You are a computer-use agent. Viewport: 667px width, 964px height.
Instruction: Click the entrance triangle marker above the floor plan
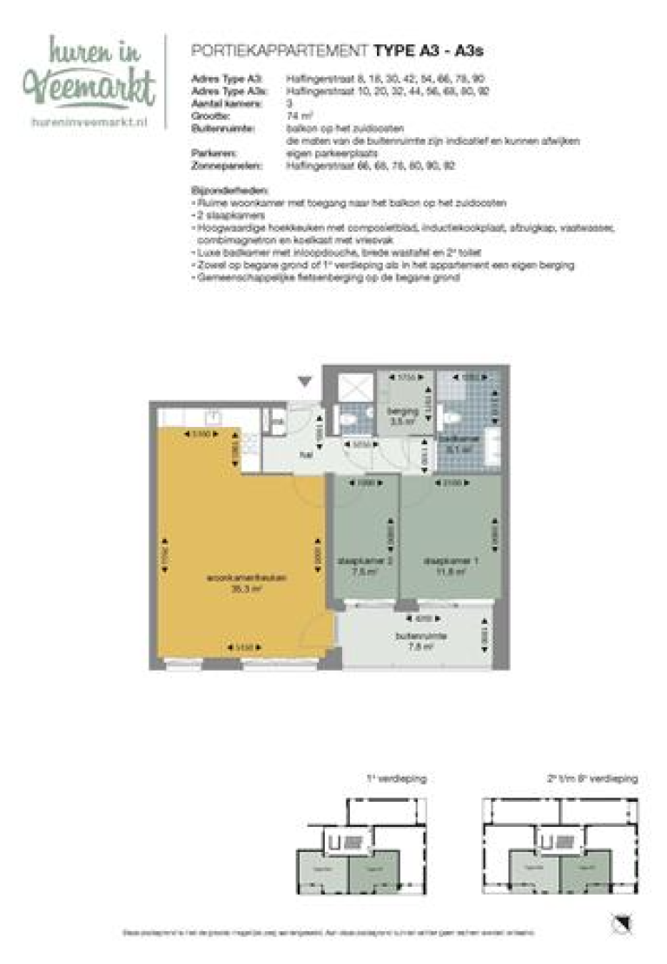click(303, 380)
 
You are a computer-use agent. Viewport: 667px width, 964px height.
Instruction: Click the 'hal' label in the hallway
click(306, 452)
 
